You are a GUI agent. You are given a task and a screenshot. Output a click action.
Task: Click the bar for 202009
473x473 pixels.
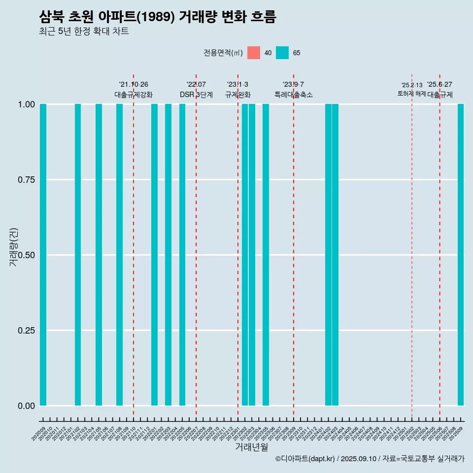click(43, 255)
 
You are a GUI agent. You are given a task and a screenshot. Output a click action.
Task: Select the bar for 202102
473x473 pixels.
click(78, 255)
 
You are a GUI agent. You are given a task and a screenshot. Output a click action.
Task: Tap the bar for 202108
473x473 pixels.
click(119, 255)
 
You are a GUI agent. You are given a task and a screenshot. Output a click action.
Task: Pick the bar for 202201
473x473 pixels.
click(154, 255)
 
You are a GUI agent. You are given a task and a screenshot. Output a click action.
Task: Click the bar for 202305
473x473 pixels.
click(266, 255)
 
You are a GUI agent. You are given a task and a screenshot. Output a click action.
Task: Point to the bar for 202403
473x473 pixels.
click(335, 255)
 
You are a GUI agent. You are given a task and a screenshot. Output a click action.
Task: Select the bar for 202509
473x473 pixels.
click(461, 255)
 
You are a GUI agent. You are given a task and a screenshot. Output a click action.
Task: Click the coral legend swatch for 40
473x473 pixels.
click(254, 53)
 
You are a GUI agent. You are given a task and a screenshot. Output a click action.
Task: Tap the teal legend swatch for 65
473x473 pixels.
click(282, 53)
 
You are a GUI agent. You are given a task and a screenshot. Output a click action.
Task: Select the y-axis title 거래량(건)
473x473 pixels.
click(14, 247)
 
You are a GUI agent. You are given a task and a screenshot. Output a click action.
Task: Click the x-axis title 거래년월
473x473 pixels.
click(252, 447)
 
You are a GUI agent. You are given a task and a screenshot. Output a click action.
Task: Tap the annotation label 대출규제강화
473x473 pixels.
click(134, 95)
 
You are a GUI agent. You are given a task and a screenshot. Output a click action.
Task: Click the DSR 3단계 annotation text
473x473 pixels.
click(196, 95)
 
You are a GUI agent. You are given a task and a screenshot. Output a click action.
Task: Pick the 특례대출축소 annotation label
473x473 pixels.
click(294, 95)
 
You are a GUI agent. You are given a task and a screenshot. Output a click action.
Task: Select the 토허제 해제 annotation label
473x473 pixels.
click(411, 94)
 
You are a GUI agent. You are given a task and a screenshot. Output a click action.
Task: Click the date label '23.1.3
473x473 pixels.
click(237, 84)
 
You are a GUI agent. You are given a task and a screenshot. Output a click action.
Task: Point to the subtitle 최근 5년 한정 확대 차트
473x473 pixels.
click(84, 32)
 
